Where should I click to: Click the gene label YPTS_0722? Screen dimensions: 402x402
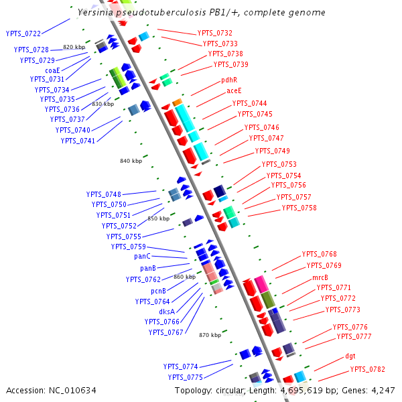[x=23, y=33]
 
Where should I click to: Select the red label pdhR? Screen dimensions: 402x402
[x=229, y=80]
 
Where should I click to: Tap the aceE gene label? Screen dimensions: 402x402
[x=234, y=90]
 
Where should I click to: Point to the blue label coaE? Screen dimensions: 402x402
[x=52, y=70]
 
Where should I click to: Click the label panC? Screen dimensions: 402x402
[x=142, y=257]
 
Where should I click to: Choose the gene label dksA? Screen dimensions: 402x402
[x=167, y=312]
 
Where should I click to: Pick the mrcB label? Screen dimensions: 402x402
[x=320, y=277]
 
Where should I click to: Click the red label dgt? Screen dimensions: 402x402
[x=350, y=356]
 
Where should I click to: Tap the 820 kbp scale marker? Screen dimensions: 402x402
[x=74, y=47]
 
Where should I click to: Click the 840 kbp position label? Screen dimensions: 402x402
[x=131, y=161]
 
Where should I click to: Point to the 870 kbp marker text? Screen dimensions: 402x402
[x=210, y=334]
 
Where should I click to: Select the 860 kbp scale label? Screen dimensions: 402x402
[x=184, y=277]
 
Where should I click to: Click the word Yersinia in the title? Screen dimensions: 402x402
[x=95, y=13]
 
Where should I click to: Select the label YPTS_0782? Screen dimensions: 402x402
[x=368, y=370]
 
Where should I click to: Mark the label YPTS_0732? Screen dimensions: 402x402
[x=215, y=33]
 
